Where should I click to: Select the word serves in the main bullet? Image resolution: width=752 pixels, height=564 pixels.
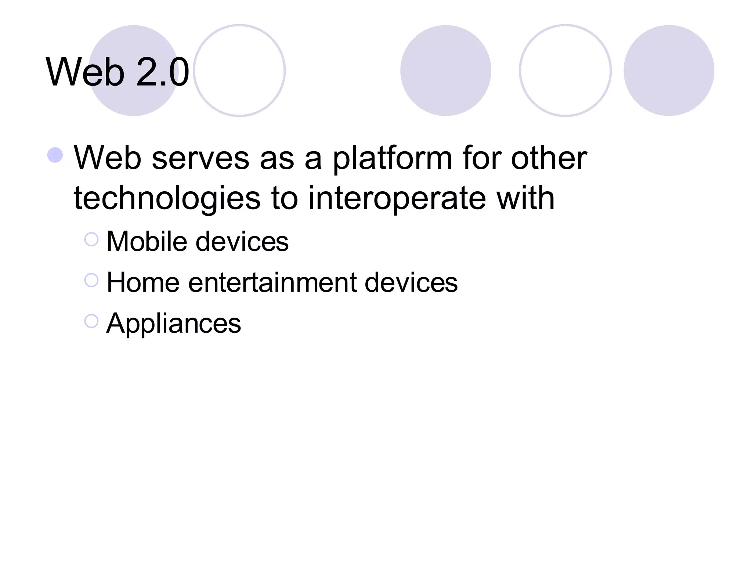[x=200, y=158]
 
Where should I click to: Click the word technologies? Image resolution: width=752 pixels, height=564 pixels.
[x=167, y=199]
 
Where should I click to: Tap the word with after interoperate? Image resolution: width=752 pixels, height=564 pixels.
[x=525, y=198]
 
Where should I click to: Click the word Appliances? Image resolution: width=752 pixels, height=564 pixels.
[x=174, y=323]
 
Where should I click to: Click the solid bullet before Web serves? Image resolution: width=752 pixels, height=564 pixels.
[x=55, y=155]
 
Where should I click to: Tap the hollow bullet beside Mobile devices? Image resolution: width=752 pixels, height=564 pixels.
[x=91, y=239]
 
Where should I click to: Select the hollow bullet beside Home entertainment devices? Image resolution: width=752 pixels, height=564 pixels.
[x=91, y=280]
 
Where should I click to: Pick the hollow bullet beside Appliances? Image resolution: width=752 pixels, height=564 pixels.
[x=91, y=321]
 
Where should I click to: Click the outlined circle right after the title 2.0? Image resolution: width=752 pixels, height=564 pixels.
[x=239, y=70]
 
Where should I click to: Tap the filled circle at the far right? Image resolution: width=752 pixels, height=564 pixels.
[x=669, y=70]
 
